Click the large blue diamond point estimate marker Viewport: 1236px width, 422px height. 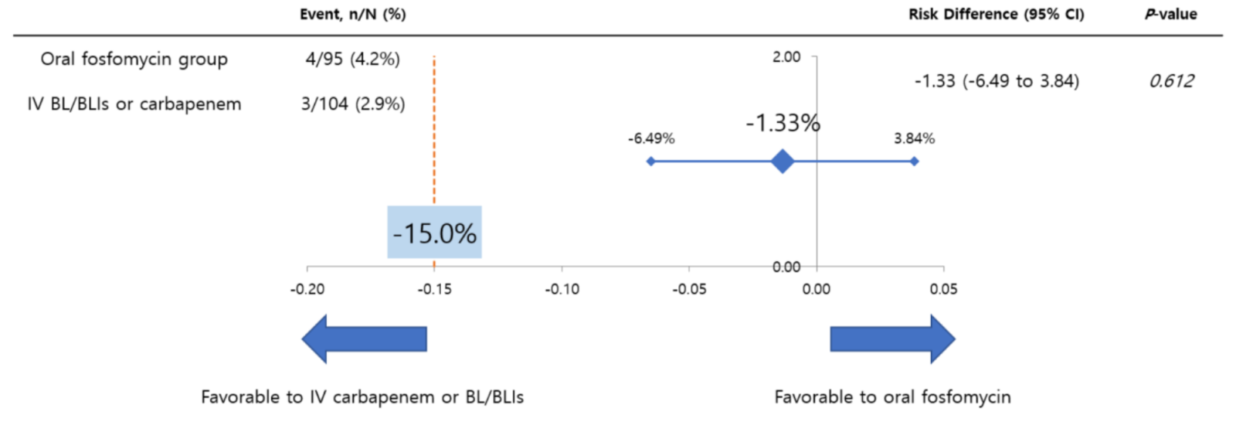coord(783,162)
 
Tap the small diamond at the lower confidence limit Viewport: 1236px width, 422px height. coord(650,162)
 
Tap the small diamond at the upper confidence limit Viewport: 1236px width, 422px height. coord(914,162)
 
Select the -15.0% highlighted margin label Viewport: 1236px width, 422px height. coord(434,233)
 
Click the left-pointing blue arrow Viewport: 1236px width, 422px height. coord(364,339)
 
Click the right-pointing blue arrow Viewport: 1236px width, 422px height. coord(892,339)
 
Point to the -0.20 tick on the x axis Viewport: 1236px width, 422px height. coord(307,289)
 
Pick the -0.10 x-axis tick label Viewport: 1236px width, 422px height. coord(562,289)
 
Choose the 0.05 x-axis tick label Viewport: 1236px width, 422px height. coord(943,289)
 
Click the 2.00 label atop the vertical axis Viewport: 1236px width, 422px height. coord(786,56)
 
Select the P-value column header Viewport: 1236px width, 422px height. coord(1170,14)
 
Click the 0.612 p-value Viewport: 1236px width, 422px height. coord(1171,81)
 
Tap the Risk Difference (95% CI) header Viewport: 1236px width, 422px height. coord(996,14)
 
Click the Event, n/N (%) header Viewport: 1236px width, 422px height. coord(353,14)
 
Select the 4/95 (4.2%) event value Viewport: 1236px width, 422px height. coord(353,60)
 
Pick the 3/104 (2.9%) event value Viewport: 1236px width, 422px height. coord(353,104)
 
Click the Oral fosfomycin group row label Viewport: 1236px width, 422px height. coord(134,60)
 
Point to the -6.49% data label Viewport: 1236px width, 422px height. coord(651,138)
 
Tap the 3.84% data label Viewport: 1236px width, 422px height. coord(914,138)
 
